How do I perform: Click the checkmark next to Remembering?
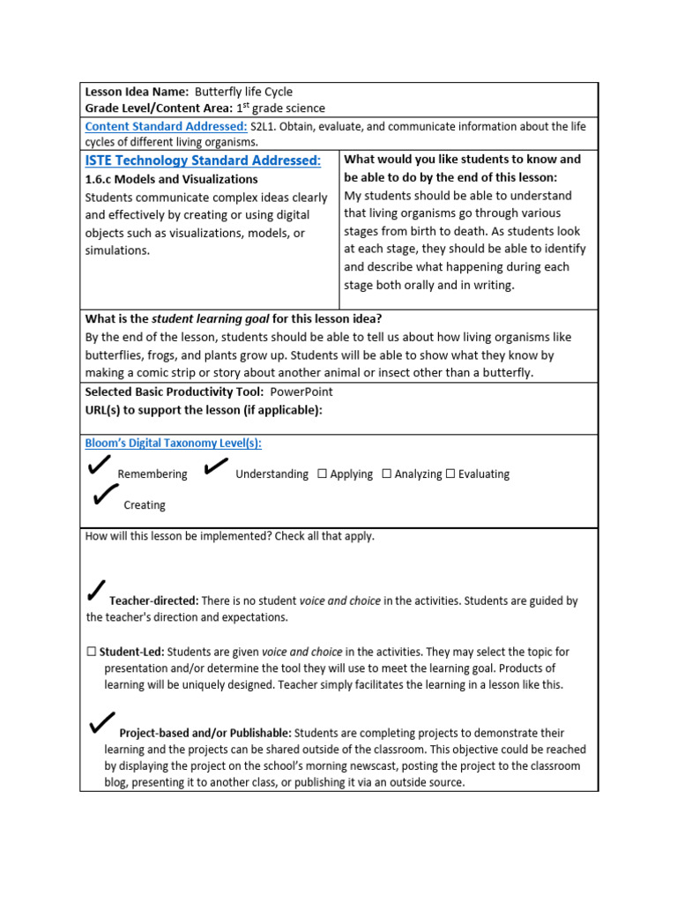pos(100,466)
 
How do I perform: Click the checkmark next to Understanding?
pos(217,466)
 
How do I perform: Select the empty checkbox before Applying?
pos(322,474)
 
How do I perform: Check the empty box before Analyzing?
pos(386,474)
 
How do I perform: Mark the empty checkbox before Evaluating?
pos(450,474)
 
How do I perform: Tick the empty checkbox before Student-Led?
pos(91,652)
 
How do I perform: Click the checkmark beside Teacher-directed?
pos(97,591)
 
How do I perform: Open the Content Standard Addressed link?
pos(166,126)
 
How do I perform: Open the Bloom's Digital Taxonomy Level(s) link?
pos(173,444)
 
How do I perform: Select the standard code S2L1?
pos(266,126)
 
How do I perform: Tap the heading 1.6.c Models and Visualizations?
pos(171,179)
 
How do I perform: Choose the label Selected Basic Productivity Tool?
pos(174,392)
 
